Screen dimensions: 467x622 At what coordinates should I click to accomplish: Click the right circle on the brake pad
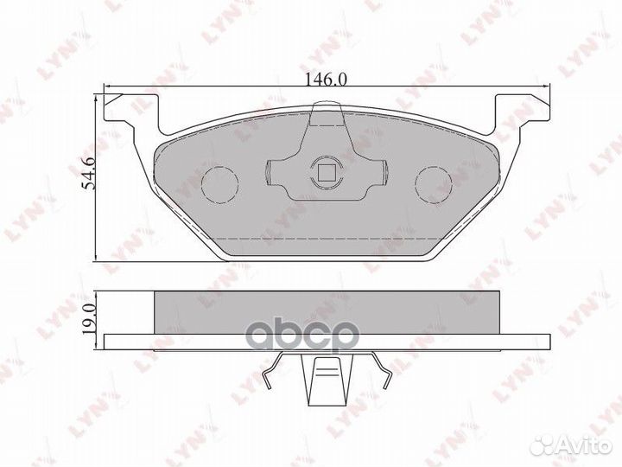(x=434, y=182)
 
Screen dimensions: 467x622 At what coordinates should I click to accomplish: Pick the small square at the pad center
(x=327, y=171)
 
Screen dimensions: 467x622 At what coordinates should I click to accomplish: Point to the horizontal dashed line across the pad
(x=327, y=237)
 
